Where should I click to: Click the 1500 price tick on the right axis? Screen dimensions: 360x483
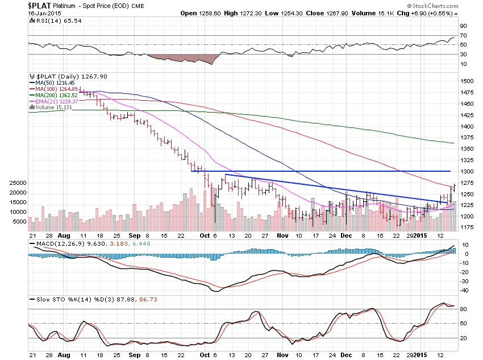tap(467, 81)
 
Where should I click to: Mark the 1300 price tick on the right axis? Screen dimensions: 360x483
tap(467, 171)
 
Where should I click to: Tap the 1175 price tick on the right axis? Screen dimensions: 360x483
tap(467, 227)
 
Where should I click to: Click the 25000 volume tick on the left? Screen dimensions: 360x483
tap(15, 183)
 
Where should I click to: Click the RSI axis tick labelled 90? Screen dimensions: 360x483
tap(463, 26)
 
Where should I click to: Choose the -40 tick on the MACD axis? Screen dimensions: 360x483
tap(464, 290)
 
